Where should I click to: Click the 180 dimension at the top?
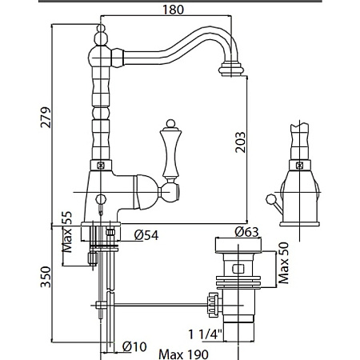coord(173,10)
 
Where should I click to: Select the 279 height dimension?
coord(46,118)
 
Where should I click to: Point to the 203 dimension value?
coord(241,142)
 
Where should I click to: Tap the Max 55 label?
coord(67,232)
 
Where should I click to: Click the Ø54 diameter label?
coord(146,235)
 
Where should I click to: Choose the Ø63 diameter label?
coord(246,232)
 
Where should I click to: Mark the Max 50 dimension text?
coord(283,263)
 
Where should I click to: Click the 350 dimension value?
coord(46,277)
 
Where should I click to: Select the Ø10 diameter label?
coord(134,346)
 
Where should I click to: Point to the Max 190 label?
coord(183,354)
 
